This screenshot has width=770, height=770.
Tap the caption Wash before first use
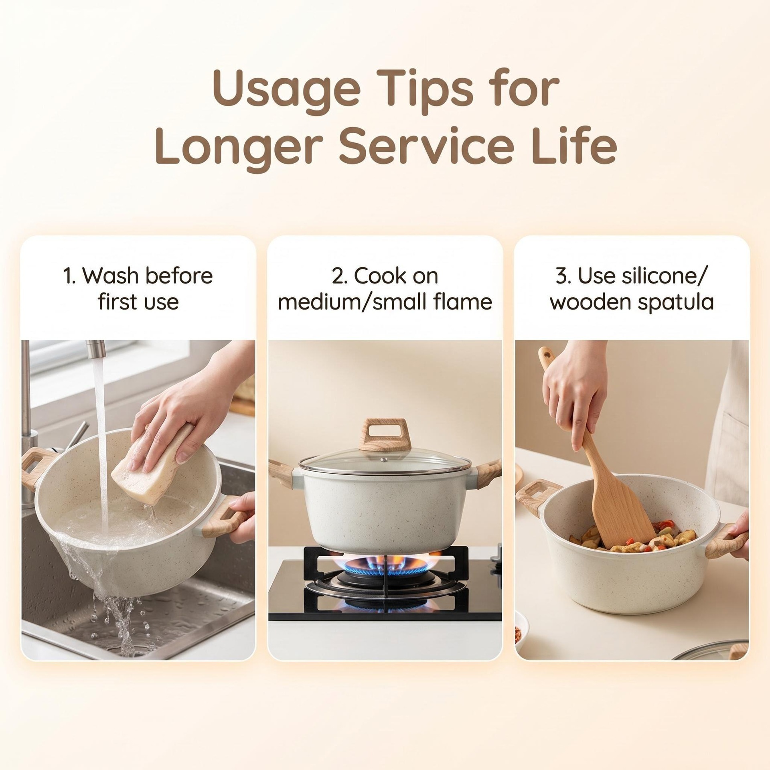[x=138, y=288]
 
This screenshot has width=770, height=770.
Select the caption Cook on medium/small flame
[x=385, y=288]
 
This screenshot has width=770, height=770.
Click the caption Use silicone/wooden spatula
[x=632, y=288]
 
